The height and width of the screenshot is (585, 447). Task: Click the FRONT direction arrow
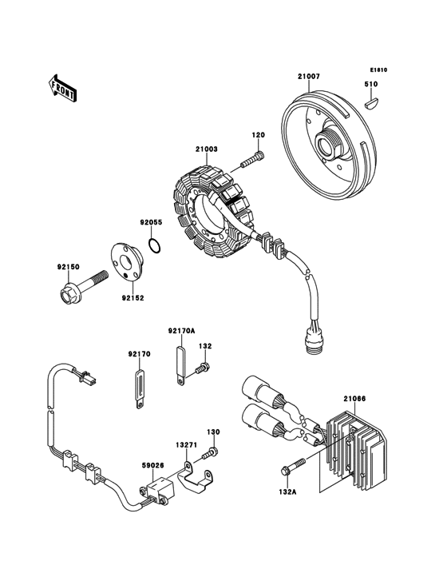coord(62,87)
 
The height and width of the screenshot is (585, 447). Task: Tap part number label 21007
coord(309,77)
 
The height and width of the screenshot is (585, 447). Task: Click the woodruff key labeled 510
coord(372,101)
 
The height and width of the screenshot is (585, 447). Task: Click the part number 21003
coord(206,149)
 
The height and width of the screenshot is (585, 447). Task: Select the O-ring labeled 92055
coord(156,244)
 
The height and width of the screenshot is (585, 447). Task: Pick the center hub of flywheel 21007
coord(330,146)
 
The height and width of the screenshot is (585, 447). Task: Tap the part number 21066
coord(354,397)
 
